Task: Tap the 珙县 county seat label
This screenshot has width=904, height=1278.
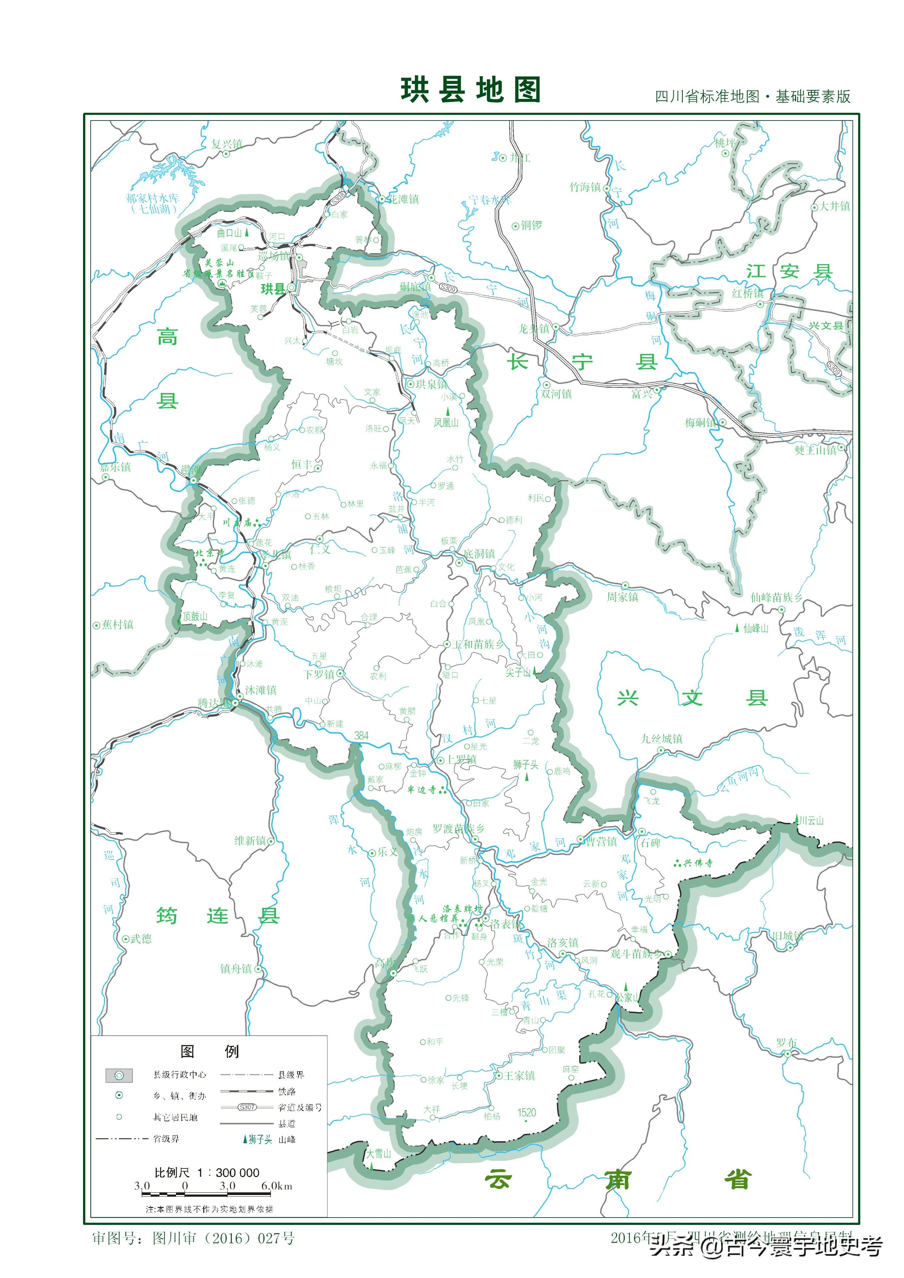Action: coord(273,288)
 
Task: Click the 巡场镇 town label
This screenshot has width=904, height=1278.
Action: coord(275,256)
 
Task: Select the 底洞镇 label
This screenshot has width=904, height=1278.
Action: coord(480,553)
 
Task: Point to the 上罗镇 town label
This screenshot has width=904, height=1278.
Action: coord(462,759)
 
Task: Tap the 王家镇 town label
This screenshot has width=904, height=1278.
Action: coord(520,1076)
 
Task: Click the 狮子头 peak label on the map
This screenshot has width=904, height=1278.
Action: coord(525,765)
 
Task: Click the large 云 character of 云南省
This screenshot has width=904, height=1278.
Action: coord(497,1179)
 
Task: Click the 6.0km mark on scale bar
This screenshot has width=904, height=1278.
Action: coord(276,1186)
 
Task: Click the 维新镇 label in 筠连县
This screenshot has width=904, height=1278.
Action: coord(250,840)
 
